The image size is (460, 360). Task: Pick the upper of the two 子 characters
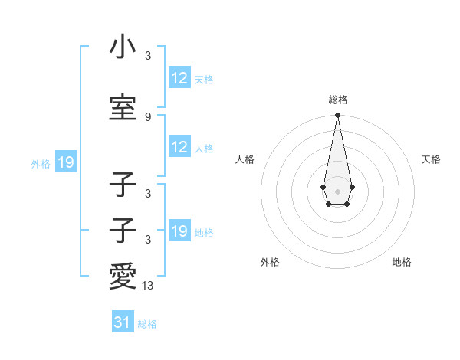pyautogui.click(x=123, y=186)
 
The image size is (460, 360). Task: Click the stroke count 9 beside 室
pyautogui.click(x=148, y=116)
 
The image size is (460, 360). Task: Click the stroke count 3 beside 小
pyautogui.click(x=148, y=55)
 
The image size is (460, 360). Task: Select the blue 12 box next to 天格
pyautogui.click(x=179, y=78)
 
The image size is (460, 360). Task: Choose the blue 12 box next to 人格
pyautogui.click(x=179, y=148)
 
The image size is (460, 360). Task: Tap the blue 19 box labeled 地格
pyautogui.click(x=179, y=231)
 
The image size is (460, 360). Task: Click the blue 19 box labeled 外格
pyautogui.click(x=65, y=162)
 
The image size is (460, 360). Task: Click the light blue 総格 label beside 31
pyautogui.click(x=147, y=324)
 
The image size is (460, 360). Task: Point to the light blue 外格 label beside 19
pyautogui.click(x=41, y=163)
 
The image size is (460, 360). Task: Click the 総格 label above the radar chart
pyautogui.click(x=337, y=100)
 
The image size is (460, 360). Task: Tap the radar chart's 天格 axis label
pyautogui.click(x=431, y=159)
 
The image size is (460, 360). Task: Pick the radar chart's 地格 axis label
pyautogui.click(x=402, y=262)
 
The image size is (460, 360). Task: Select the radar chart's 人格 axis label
pyautogui.click(x=245, y=159)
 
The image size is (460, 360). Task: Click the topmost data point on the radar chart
pyautogui.click(x=337, y=116)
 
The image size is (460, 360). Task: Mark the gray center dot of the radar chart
pyautogui.click(x=337, y=190)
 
